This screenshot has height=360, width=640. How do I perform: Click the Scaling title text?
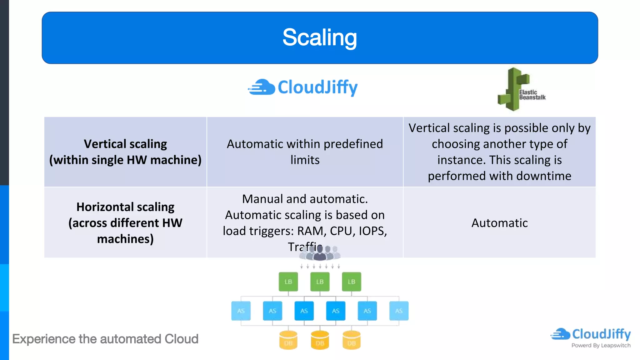(319, 37)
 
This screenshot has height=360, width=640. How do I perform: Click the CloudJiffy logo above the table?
(303, 87)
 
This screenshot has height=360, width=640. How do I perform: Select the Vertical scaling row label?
(125, 152)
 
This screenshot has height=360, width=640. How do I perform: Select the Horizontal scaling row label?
(125, 223)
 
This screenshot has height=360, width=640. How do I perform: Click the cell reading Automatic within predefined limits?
(305, 152)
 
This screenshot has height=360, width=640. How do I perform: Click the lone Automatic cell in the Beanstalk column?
(499, 223)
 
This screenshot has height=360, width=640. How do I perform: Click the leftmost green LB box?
(288, 282)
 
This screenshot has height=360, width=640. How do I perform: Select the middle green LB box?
(320, 282)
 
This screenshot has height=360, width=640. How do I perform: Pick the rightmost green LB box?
(351, 282)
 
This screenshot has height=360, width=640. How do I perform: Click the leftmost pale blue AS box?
(241, 311)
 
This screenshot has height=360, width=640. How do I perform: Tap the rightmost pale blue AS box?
(399, 311)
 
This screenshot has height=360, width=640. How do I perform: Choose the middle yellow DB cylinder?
(320, 340)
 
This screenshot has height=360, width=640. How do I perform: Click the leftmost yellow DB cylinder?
(288, 340)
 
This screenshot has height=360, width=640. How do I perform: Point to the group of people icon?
(320, 253)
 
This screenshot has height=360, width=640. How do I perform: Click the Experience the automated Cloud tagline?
(105, 339)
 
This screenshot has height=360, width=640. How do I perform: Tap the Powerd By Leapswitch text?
(601, 346)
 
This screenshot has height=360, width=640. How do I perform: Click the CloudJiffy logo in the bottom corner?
(591, 334)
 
